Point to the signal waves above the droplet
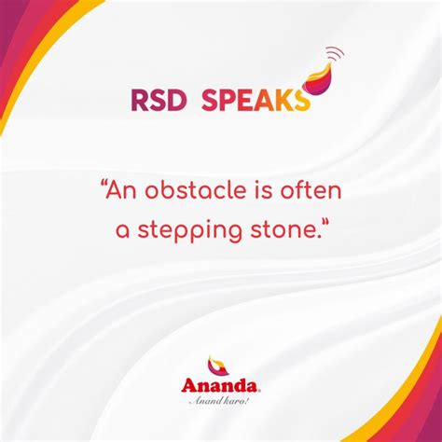331,54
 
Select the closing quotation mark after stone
325,224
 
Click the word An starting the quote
124,193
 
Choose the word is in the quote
263,193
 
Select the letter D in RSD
174,100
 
